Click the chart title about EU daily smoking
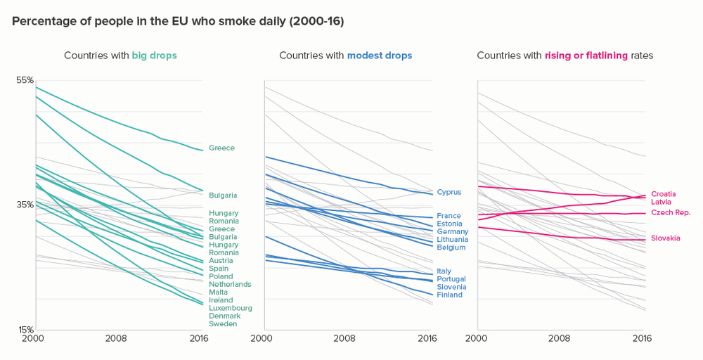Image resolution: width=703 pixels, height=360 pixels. click(x=178, y=21)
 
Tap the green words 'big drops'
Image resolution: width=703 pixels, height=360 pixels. click(x=154, y=56)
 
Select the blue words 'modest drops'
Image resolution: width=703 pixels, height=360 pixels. click(x=380, y=56)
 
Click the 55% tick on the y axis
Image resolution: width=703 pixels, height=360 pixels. click(x=25, y=80)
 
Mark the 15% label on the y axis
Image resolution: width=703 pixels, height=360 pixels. click(x=25, y=329)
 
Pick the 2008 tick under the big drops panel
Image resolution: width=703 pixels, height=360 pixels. click(x=116, y=338)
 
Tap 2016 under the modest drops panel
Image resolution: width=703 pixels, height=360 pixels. click(x=426, y=338)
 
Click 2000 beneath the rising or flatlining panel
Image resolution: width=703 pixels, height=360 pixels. click(x=477, y=338)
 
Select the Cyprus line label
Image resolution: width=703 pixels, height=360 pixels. click(x=449, y=192)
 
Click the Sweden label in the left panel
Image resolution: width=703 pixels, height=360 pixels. click(x=223, y=324)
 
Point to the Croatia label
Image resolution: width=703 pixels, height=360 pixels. click(x=663, y=194)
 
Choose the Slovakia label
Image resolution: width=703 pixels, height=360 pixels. click(x=665, y=238)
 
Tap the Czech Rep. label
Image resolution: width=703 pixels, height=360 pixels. click(x=671, y=212)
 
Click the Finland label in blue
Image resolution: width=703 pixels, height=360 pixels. click(x=449, y=295)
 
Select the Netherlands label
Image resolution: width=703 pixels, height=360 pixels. click(x=230, y=284)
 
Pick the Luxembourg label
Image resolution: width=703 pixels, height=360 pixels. click(x=231, y=308)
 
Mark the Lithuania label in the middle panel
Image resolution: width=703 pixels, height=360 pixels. click(x=452, y=240)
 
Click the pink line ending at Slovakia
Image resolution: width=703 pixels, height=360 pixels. click(x=562, y=236)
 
